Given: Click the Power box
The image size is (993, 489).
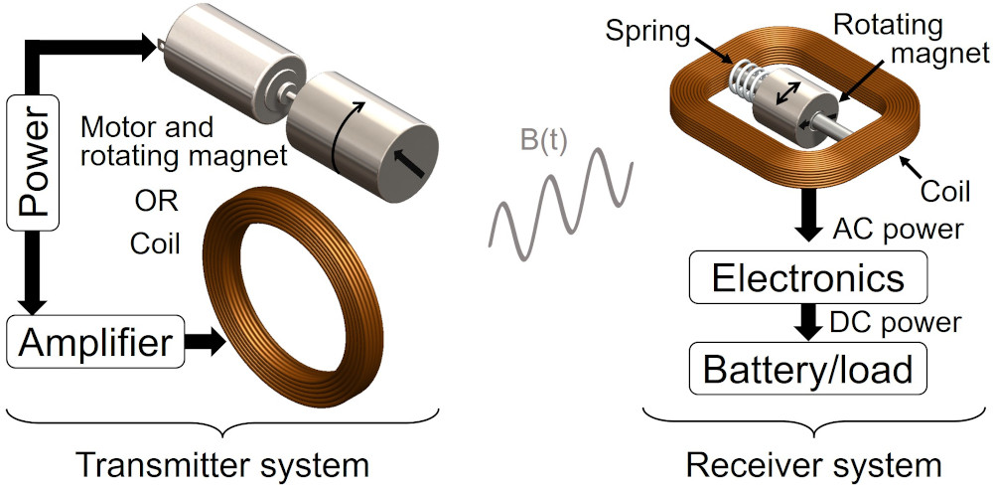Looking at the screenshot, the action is tap(33, 162).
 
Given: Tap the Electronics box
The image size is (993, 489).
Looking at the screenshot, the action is tap(808, 276).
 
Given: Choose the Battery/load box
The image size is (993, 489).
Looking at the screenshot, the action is tap(808, 367).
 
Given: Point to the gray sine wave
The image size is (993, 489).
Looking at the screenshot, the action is tap(561, 204).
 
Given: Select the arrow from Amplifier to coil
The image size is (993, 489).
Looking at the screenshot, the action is tap(206, 342).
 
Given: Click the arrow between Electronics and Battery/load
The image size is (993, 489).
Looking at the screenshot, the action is tap(808, 322).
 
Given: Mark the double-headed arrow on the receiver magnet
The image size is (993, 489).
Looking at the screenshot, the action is tap(787, 94).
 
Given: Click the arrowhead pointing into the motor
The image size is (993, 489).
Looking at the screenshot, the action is tap(149, 48).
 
